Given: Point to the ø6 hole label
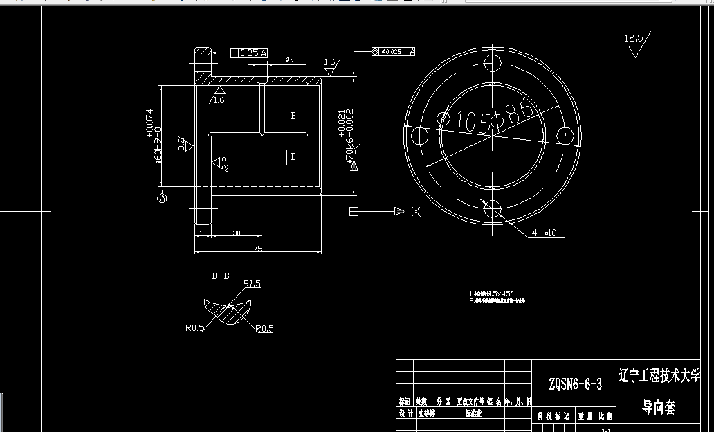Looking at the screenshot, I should [x=290, y=60].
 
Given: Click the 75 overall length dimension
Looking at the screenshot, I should [x=257, y=247].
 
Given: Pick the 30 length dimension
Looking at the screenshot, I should [x=237, y=233].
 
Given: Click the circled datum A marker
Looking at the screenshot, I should [x=163, y=198].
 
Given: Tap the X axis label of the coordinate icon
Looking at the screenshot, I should [x=415, y=212].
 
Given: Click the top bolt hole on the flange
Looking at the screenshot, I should [x=493, y=64].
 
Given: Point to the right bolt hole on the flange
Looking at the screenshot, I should [x=565, y=136].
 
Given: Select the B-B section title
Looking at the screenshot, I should [x=220, y=276].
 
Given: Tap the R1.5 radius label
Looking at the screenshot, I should [x=251, y=284].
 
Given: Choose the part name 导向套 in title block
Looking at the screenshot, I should [x=659, y=408].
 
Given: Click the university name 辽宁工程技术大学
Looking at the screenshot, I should [x=659, y=376].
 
